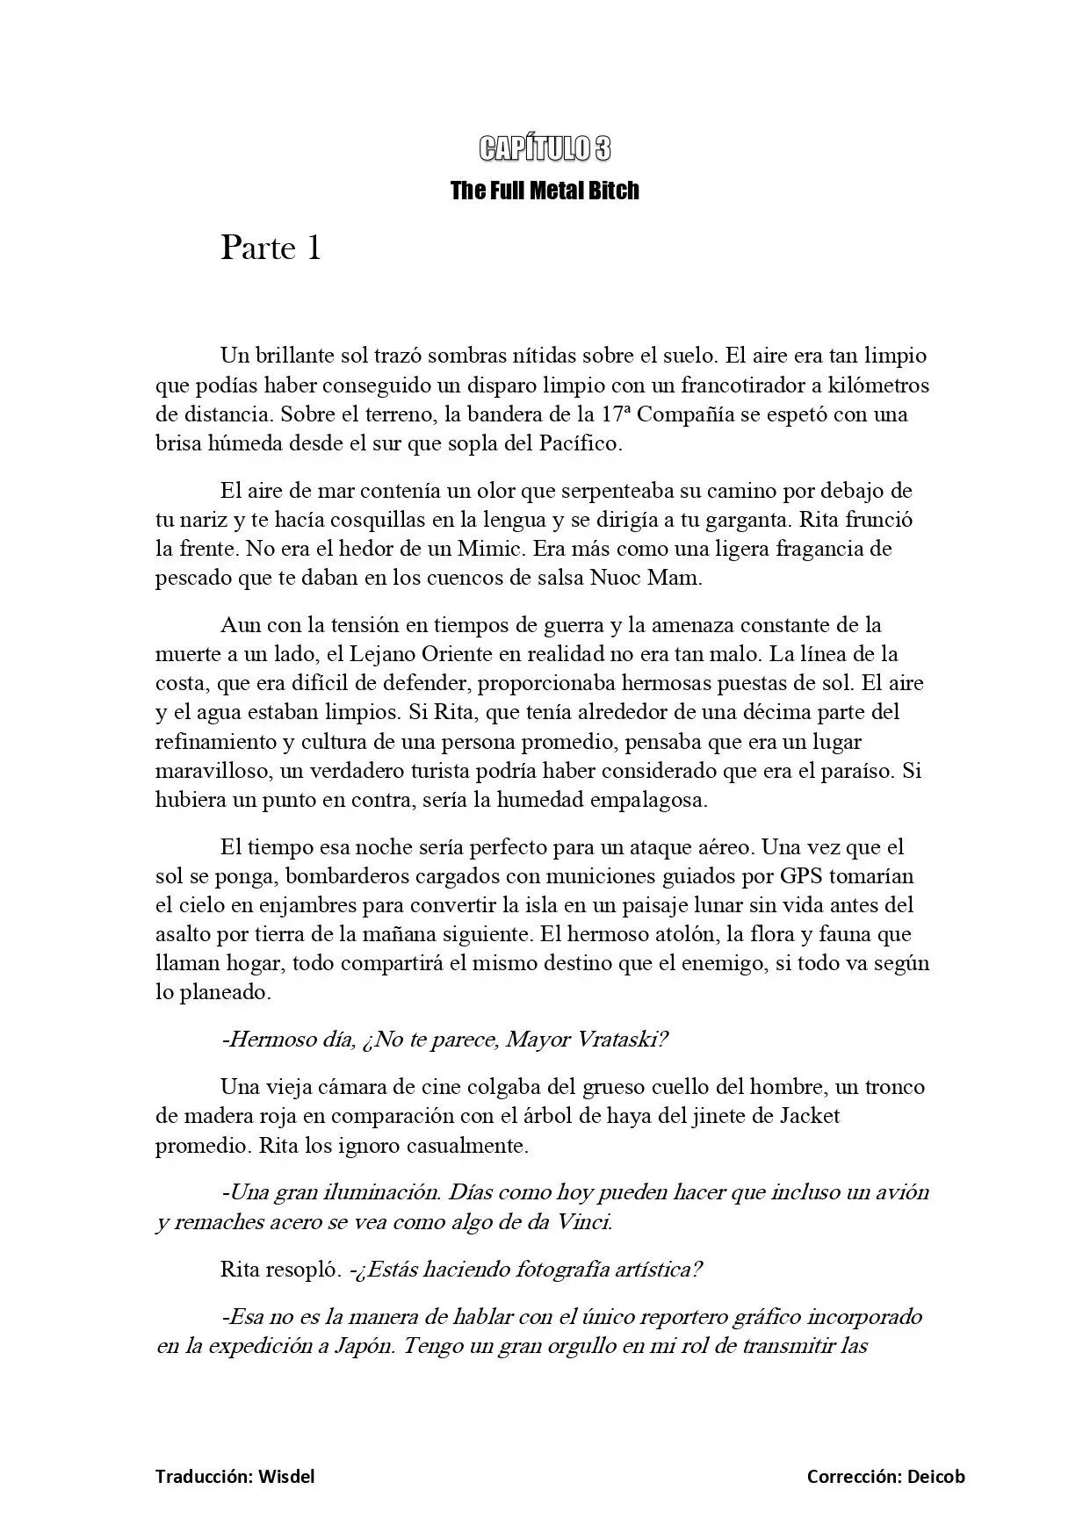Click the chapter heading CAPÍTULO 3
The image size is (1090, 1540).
[545, 149]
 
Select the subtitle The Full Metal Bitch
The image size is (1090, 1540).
[545, 191]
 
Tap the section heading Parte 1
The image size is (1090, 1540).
[271, 248]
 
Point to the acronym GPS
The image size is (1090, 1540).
[801, 876]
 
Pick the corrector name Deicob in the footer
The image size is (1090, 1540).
[935, 1477]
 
